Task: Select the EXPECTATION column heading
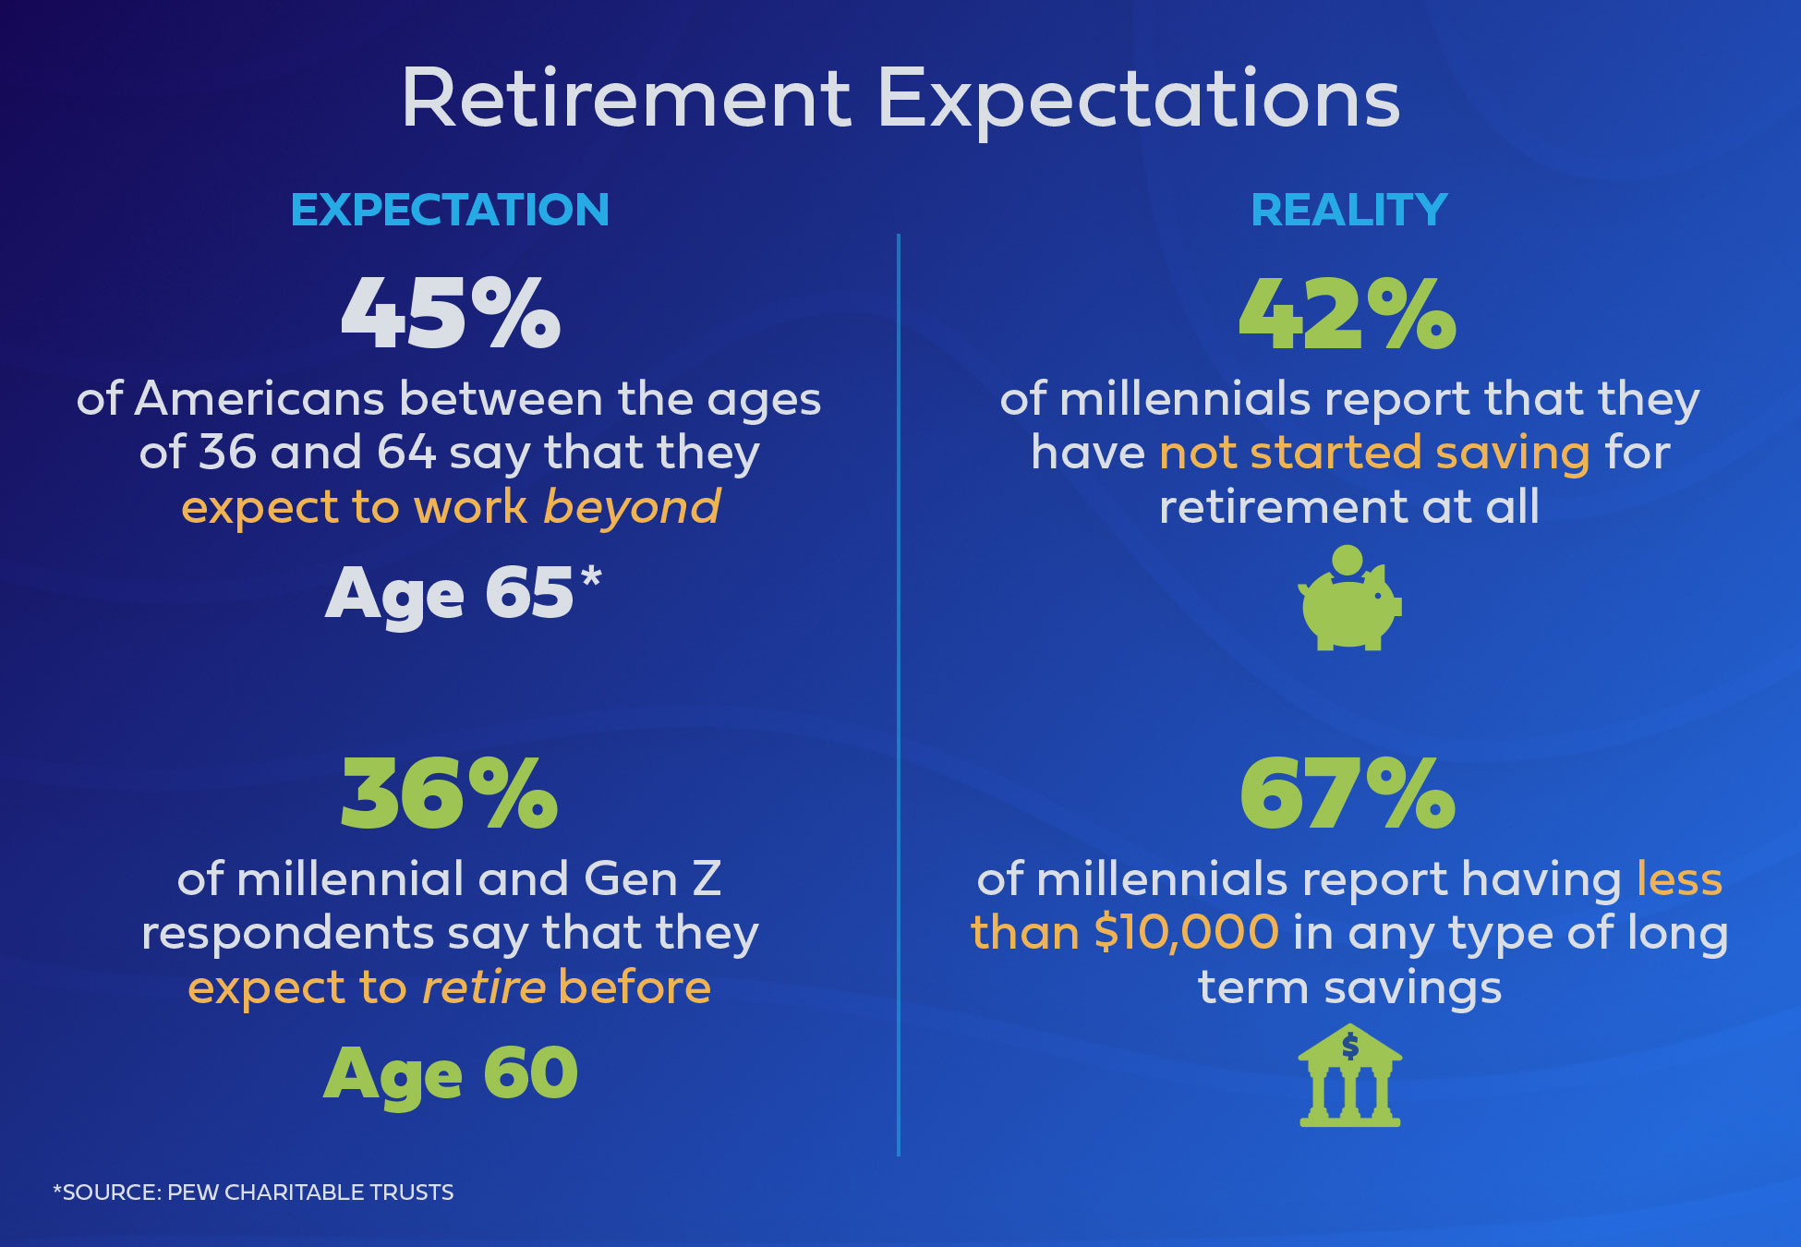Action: tap(450, 210)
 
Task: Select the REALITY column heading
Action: tap(1349, 210)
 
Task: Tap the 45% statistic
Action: tap(451, 313)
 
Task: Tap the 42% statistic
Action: tap(1348, 313)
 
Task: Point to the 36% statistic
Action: tap(450, 793)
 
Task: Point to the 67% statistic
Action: tap(1348, 793)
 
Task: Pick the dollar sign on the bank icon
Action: tap(1350, 1047)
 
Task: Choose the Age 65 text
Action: tap(450, 594)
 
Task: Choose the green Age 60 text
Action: tap(451, 1074)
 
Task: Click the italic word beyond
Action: tap(633, 506)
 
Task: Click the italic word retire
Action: tap(484, 987)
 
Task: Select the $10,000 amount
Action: tap(1187, 933)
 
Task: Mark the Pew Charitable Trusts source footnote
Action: tap(254, 1193)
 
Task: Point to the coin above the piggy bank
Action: tap(1348, 561)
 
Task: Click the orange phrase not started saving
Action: tap(1374, 453)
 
